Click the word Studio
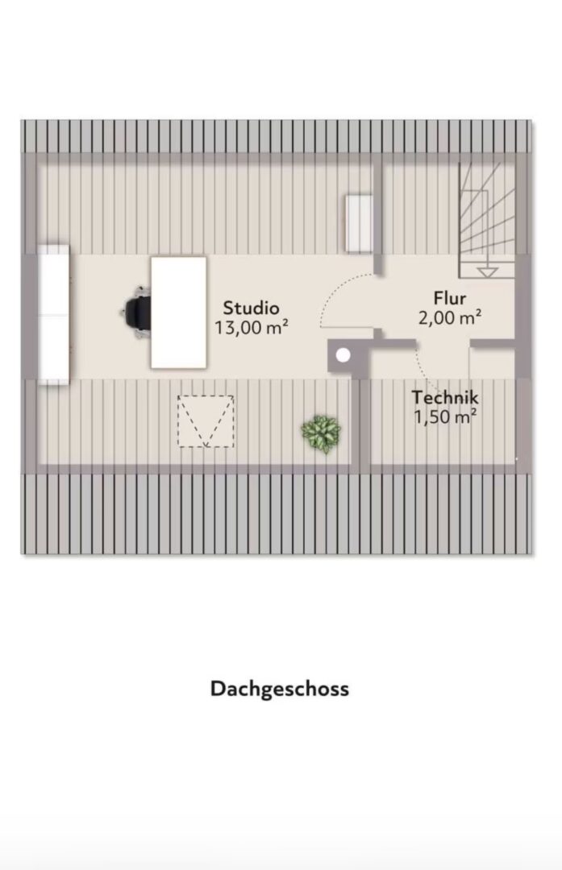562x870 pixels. coord(251,308)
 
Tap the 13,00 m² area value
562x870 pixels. coord(252,328)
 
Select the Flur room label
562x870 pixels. coord(450,298)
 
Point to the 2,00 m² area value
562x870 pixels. coord(450,317)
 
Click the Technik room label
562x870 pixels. coord(445,397)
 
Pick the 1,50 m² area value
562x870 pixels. coord(445,416)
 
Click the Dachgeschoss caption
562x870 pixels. coord(280,689)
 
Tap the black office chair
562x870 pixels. coord(136,312)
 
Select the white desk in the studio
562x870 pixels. coord(178,313)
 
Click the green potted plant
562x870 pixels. coord(321,433)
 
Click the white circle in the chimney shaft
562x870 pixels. coord(343,355)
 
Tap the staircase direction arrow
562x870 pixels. coord(487,272)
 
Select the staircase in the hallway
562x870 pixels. coord(487,220)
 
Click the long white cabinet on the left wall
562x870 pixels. coord(53,314)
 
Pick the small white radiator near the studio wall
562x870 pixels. coord(359,223)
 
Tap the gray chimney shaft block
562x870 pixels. coord(348,356)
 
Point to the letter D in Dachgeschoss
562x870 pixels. coord(217,688)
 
